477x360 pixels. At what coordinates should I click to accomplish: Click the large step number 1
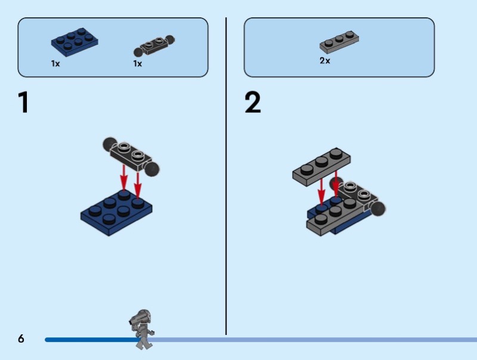pyautogui.click(x=23, y=102)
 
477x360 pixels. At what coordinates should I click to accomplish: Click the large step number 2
pyautogui.click(x=252, y=102)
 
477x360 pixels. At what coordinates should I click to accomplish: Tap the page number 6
pyautogui.click(x=21, y=339)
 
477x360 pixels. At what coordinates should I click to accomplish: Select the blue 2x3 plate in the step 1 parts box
pyautogui.click(x=75, y=42)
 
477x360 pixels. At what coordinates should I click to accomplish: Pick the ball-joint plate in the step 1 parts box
pyautogui.click(x=154, y=46)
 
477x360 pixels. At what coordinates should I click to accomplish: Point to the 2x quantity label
pyautogui.click(x=324, y=61)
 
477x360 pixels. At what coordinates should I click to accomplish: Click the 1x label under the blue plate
pyautogui.click(x=55, y=64)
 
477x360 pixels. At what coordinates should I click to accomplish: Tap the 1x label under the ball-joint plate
pyautogui.click(x=138, y=64)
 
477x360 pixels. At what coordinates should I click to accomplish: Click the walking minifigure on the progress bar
pyautogui.click(x=142, y=330)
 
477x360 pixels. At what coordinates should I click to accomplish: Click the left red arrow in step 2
pyautogui.click(x=321, y=191)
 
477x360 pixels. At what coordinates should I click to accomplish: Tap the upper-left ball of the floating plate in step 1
pyautogui.click(x=110, y=144)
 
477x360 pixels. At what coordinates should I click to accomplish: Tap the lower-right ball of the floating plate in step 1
pyautogui.click(x=152, y=169)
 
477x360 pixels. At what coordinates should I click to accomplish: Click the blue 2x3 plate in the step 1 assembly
pyautogui.click(x=116, y=213)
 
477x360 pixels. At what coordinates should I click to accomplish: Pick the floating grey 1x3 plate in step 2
pyautogui.click(x=321, y=167)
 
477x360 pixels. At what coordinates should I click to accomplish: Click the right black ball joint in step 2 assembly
pyautogui.click(x=377, y=209)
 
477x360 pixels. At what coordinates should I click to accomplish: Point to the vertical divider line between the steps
pyautogui.click(x=226, y=176)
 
